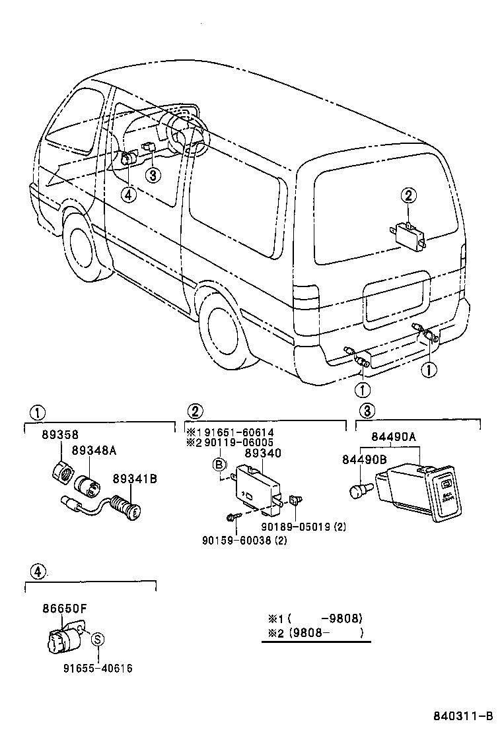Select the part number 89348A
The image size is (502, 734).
point(93,450)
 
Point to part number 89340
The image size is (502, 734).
point(263,454)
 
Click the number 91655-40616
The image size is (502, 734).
point(98,668)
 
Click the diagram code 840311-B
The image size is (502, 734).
point(463,717)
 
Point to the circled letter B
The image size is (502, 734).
point(219,465)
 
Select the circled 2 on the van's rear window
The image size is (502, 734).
point(408,195)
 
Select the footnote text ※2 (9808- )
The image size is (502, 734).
point(316,632)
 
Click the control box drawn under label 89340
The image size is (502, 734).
point(258,488)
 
